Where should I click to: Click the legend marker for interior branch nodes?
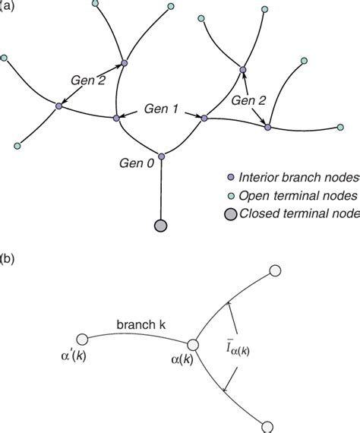pyautogui.click(x=229, y=178)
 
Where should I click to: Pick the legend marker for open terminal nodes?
pyautogui.click(x=229, y=195)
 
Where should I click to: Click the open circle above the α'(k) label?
pyautogui.click(x=84, y=340)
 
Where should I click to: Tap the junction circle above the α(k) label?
pyautogui.click(x=192, y=346)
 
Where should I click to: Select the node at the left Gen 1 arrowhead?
pyautogui.click(x=116, y=118)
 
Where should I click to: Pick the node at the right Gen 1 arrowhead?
pyautogui.click(x=203, y=118)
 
